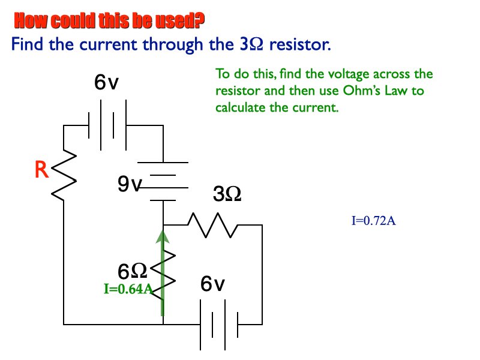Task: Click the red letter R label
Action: tap(41, 170)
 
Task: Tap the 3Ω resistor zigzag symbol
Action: tap(213, 225)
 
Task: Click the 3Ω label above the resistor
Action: tap(227, 194)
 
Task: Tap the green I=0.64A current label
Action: tap(128, 289)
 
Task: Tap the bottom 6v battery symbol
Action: tap(218, 325)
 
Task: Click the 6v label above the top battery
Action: tap(106, 84)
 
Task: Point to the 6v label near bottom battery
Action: tap(213, 284)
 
